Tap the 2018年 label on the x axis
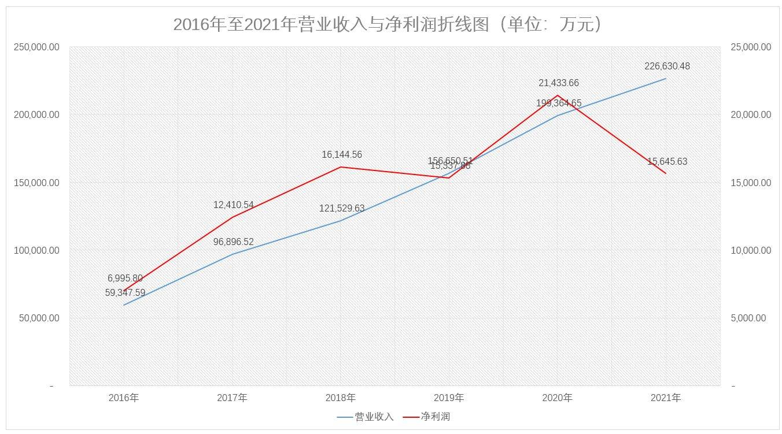coord(340,398)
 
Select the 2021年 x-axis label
coord(665,398)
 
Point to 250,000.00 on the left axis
coord(36,47)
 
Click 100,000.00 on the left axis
coord(36,250)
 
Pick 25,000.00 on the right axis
coord(751,47)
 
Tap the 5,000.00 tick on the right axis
coord(748,318)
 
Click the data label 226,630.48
coord(667,66)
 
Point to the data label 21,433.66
coord(558,83)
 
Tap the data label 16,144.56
coord(341,155)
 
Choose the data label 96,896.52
coord(233,242)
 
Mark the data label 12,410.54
coord(233,205)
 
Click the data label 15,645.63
coord(667,162)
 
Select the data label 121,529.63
coord(341,209)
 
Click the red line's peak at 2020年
coord(557,95)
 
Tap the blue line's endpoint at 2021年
coord(666,79)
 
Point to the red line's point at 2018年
coord(340,167)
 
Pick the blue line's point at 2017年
coord(232,254)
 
